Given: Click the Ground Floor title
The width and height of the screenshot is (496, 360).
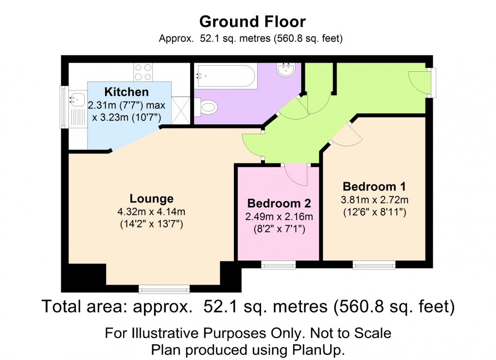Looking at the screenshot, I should click(252, 22).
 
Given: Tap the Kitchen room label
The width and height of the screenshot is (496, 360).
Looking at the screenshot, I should click(126, 92).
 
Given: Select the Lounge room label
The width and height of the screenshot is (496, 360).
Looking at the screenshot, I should click(151, 199).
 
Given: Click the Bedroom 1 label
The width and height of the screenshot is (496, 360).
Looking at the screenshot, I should click(374, 187).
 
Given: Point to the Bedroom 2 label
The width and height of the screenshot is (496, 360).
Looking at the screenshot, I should click(279, 203).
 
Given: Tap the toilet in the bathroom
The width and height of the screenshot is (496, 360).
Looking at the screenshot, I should click(207, 106).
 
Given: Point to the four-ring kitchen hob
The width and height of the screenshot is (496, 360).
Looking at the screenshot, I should click(142, 72).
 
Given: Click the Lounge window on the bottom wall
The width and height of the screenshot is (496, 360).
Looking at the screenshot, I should click(164, 290).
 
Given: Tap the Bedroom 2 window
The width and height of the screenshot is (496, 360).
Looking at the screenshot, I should click(278, 265).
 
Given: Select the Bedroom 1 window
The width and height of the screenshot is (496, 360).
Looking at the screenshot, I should click(374, 265).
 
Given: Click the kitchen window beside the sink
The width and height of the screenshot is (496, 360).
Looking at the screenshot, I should click(63, 107).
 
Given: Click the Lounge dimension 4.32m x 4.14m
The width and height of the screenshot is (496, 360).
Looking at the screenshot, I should click(151, 212).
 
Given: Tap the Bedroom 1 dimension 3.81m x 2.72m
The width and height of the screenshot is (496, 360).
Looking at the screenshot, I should click(374, 200).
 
